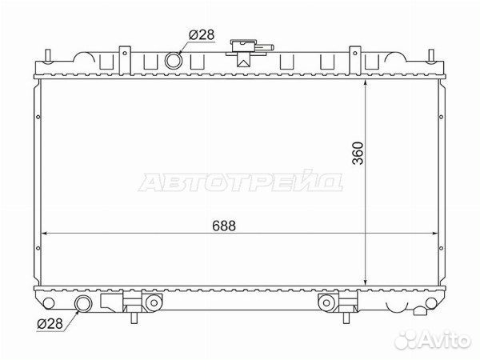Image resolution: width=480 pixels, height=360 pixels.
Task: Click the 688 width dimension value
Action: point(224,226)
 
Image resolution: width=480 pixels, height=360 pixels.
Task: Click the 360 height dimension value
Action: point(358,153)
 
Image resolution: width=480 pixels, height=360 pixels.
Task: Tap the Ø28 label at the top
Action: point(202,35)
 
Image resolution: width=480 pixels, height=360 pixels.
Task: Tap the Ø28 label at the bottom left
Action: point(50,323)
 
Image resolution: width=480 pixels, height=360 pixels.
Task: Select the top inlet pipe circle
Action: point(174,60)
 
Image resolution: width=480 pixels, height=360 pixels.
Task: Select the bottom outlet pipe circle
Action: point(83,304)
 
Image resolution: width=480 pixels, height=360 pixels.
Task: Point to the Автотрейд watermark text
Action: point(241,182)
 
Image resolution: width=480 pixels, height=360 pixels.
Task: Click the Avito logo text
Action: point(445,340)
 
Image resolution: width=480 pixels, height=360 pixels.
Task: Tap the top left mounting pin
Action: point(47,56)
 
